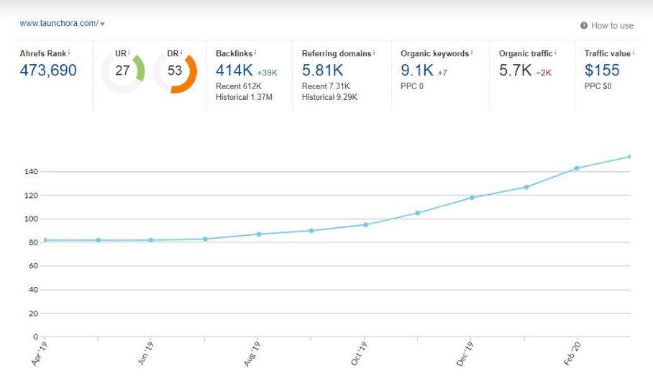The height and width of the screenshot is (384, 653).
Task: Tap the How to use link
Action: click(611, 25)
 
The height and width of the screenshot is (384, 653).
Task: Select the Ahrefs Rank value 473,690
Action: click(48, 70)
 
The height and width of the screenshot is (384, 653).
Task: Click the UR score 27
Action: click(122, 71)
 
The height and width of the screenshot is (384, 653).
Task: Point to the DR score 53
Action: click(175, 71)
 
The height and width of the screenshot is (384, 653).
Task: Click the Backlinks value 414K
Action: click(234, 70)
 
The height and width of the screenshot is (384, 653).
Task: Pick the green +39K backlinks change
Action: click(267, 73)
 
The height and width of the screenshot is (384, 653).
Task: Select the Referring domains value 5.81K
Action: click(322, 70)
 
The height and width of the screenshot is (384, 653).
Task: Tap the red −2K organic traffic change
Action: click(543, 73)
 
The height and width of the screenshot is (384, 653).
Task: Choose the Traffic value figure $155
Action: click(602, 70)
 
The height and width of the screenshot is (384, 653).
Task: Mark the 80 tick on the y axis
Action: click(32, 242)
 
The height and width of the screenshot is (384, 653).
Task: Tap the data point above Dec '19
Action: click(472, 197)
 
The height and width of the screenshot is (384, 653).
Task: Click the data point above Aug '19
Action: click(259, 234)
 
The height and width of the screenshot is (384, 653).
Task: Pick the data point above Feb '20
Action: click(577, 168)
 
